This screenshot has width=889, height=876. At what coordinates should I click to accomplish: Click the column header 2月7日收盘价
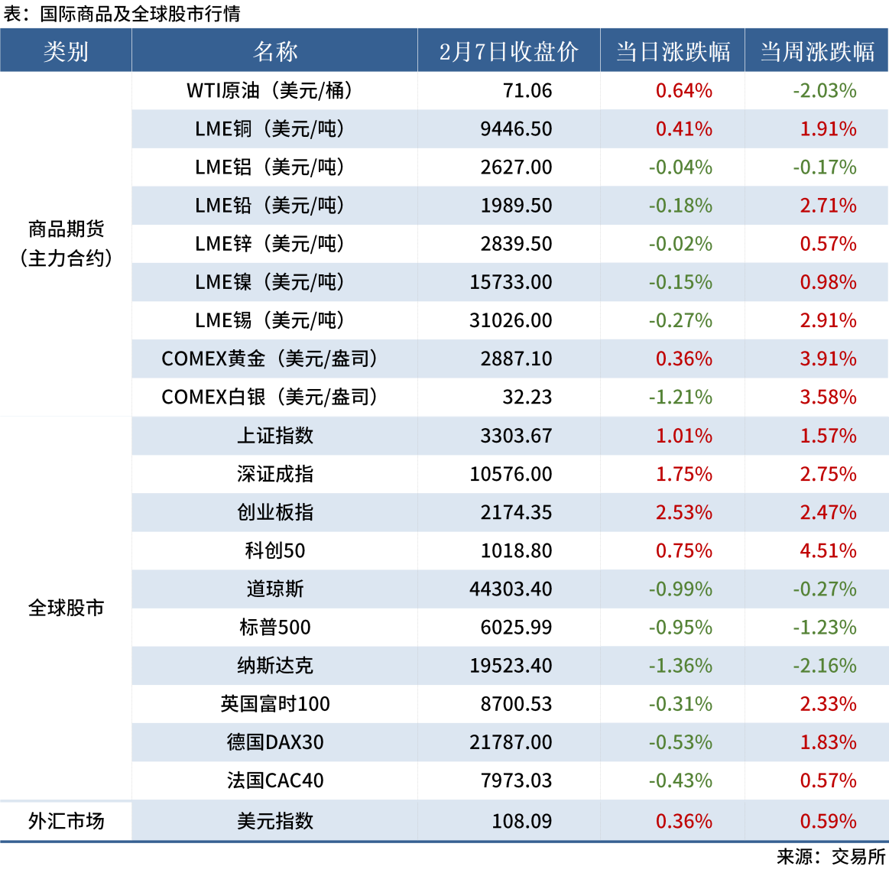[x=508, y=51]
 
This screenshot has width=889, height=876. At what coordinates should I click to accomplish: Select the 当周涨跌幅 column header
[x=816, y=51]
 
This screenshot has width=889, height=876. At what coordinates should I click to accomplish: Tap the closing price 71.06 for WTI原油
[x=527, y=91]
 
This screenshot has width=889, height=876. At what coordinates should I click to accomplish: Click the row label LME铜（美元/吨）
[x=270, y=129]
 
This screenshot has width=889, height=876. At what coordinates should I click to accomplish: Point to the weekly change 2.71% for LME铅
[x=828, y=206]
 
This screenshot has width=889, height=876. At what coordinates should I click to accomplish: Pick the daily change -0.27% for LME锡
[x=680, y=320]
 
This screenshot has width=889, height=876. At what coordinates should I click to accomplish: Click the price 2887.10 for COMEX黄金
[x=516, y=359]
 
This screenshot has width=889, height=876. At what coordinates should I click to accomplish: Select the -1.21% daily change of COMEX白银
[x=680, y=397]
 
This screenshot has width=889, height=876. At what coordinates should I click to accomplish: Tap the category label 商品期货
[x=66, y=229]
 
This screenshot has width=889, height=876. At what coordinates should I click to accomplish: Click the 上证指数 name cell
[x=275, y=436]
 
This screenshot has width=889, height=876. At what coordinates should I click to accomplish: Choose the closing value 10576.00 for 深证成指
[x=511, y=474]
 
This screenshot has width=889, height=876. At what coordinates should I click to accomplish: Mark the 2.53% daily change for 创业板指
[x=683, y=512]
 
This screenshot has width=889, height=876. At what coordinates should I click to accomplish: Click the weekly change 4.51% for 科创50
[x=828, y=550]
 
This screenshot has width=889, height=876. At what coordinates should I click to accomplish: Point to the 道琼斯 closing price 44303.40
[x=511, y=589]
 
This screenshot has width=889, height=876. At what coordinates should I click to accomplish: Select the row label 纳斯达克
[x=275, y=666]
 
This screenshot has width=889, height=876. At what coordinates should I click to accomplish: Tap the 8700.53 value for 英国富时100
[x=516, y=704]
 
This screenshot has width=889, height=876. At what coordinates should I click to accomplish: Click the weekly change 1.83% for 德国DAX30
[x=828, y=742]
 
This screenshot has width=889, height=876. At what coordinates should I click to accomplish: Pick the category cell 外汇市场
[x=66, y=821]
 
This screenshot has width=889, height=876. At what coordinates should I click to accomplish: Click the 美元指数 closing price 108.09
[x=521, y=821]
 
